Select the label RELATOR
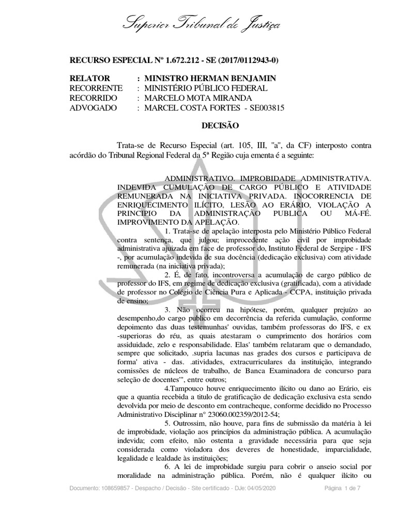pos(89,79)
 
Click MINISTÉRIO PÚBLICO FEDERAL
pos(206,88)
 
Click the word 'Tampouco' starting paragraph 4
pos(185,357)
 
